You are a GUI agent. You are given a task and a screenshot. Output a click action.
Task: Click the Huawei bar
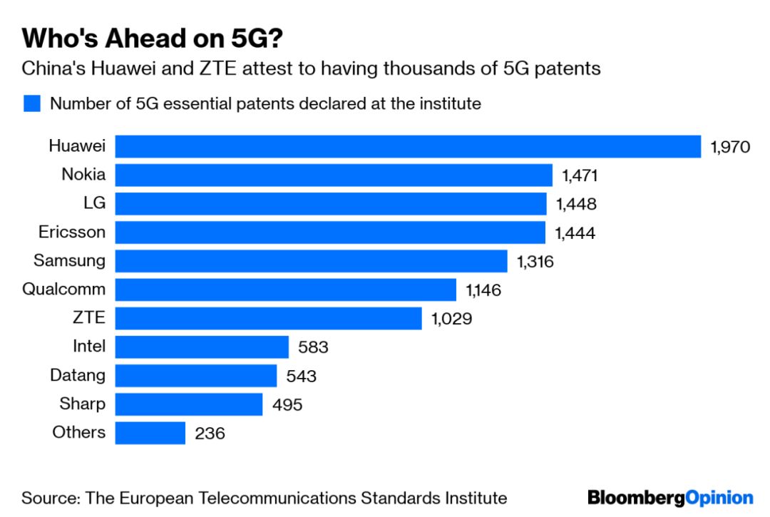click(x=408, y=146)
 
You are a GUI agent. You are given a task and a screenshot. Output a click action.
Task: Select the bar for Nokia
click(x=334, y=175)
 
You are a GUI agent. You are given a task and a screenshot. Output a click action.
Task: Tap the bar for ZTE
click(x=268, y=318)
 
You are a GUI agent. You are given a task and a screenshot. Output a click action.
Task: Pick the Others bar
click(x=150, y=433)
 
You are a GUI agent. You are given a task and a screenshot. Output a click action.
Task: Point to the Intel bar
click(x=202, y=347)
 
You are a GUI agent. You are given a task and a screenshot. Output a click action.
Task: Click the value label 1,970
click(x=731, y=147)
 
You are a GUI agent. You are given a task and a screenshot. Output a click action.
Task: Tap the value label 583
click(x=313, y=347)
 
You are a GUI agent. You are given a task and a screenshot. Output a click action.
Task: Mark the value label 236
click(x=210, y=433)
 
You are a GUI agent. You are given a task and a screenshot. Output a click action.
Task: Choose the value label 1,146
click(x=484, y=290)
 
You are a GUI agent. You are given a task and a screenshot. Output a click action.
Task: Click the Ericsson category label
click(x=71, y=232)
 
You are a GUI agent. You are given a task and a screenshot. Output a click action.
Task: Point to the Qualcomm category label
click(x=63, y=290)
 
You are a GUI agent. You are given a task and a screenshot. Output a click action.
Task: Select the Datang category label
click(x=78, y=375)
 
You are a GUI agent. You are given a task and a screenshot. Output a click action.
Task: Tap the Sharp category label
click(x=83, y=404)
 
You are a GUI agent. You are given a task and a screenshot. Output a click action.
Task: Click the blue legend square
click(x=31, y=104)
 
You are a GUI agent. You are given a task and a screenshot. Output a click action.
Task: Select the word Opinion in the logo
click(x=719, y=497)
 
